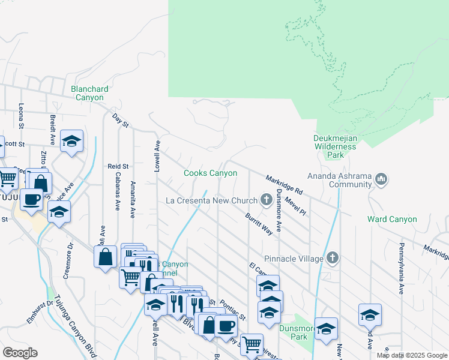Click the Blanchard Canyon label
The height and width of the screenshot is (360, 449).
pyautogui.click(x=88, y=93)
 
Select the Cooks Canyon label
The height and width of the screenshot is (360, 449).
pyautogui.click(x=210, y=173)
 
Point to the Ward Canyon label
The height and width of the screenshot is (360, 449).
pyautogui.click(x=392, y=219)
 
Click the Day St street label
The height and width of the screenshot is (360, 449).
pyautogui.click(x=121, y=119)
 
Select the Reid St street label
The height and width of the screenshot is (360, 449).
pyautogui.click(x=118, y=166)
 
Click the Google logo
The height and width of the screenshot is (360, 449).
pyautogui.click(x=20, y=353)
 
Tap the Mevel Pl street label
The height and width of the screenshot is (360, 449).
pyautogui.click(x=296, y=206)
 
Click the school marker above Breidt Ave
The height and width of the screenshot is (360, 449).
pyautogui.click(x=71, y=142)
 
